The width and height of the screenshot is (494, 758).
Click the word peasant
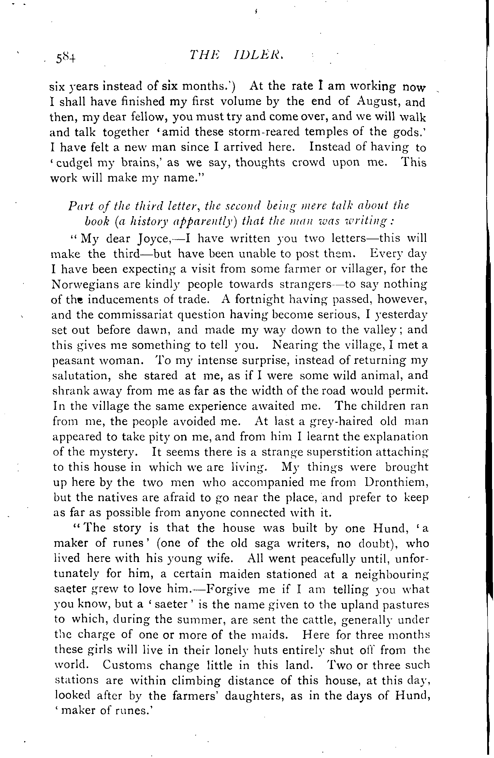point(73,361)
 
